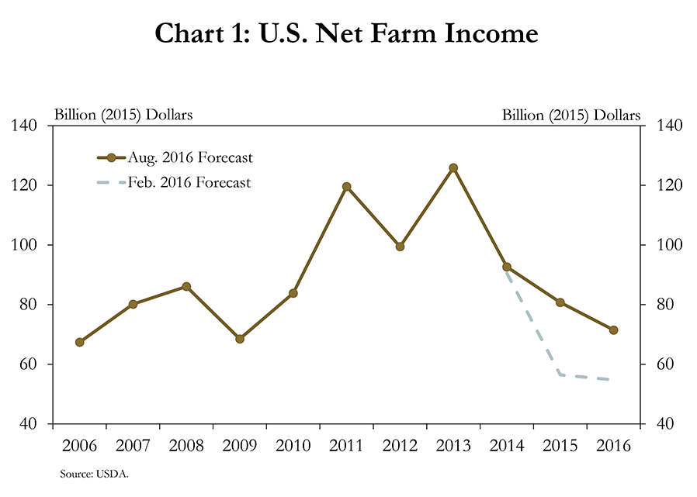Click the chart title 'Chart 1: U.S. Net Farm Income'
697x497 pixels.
346,33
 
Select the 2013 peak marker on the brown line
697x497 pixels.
453,167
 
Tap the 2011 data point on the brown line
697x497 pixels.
346,187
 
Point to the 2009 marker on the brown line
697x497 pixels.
240,339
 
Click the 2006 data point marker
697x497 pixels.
79,342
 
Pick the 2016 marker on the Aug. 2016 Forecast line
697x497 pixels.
613,330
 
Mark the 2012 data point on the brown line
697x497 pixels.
400,247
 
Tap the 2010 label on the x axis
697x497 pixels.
293,447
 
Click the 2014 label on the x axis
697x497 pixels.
507,447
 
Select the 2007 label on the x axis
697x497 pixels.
133,447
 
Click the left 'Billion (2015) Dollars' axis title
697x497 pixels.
123,115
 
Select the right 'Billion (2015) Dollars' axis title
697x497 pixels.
571,115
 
